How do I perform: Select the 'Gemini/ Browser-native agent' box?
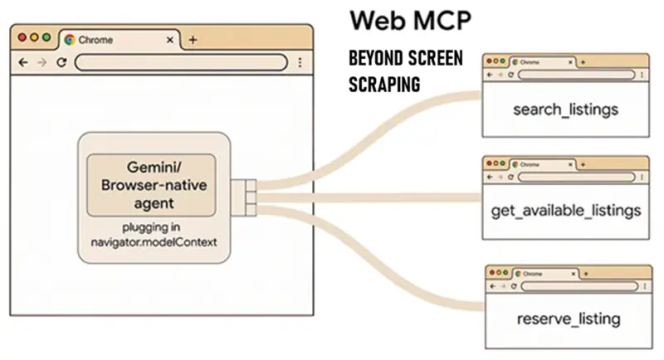[x=151, y=184]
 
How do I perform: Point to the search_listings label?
[x=566, y=109]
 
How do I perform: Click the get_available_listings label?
[x=566, y=211]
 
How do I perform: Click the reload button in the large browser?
[x=61, y=62]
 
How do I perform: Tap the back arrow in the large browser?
[x=23, y=62]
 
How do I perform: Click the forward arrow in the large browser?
[x=41, y=62]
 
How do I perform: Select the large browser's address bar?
[x=181, y=62]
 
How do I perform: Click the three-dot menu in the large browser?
[x=300, y=62]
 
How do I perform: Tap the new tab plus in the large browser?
[x=193, y=39]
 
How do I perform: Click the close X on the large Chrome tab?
[x=170, y=39]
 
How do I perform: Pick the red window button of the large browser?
[x=22, y=38]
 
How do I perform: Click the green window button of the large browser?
[x=46, y=38]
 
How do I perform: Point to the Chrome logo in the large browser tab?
[x=70, y=39]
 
